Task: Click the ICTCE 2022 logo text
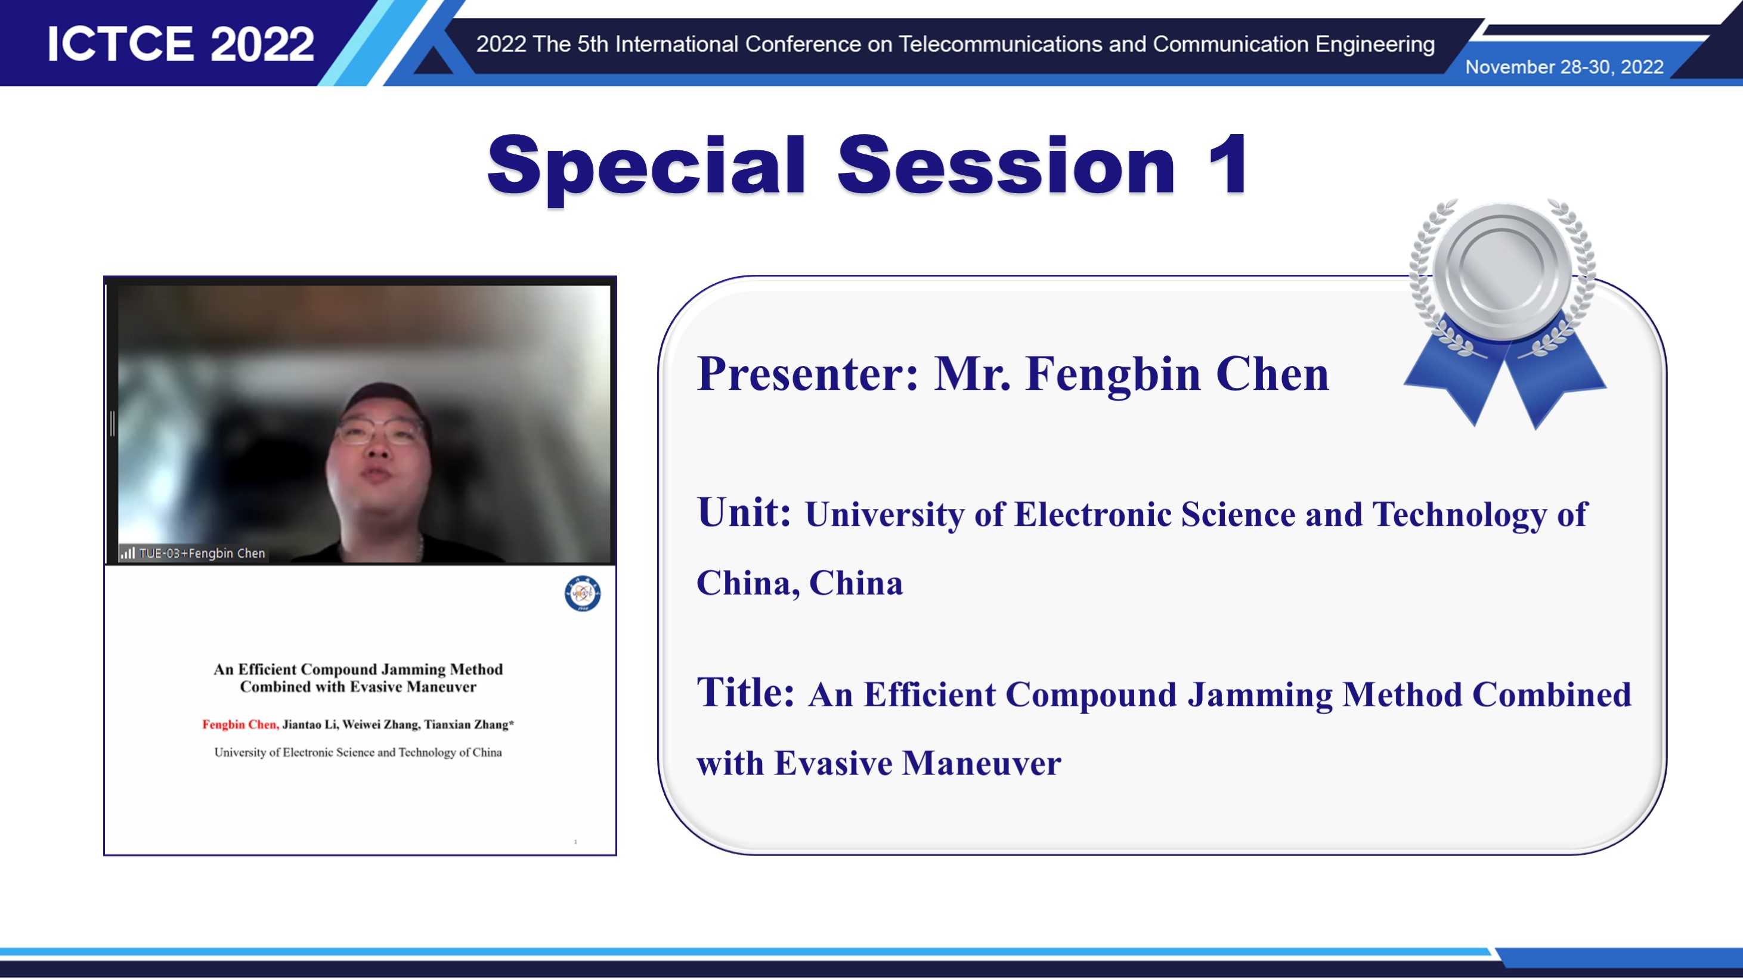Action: [x=181, y=45]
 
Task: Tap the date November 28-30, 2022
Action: [x=1564, y=67]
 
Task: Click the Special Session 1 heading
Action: [x=868, y=166]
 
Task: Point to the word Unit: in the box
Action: [x=744, y=512]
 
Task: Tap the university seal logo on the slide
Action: [x=583, y=593]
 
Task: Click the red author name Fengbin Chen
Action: [x=240, y=724]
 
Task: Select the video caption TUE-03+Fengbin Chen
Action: [x=202, y=553]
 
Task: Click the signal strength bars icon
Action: [x=127, y=553]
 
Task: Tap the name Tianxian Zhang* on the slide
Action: [x=469, y=724]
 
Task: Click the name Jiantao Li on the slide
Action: [x=310, y=724]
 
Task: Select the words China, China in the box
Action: [x=800, y=583]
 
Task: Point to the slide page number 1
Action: [x=575, y=842]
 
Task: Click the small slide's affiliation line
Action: [x=358, y=753]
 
